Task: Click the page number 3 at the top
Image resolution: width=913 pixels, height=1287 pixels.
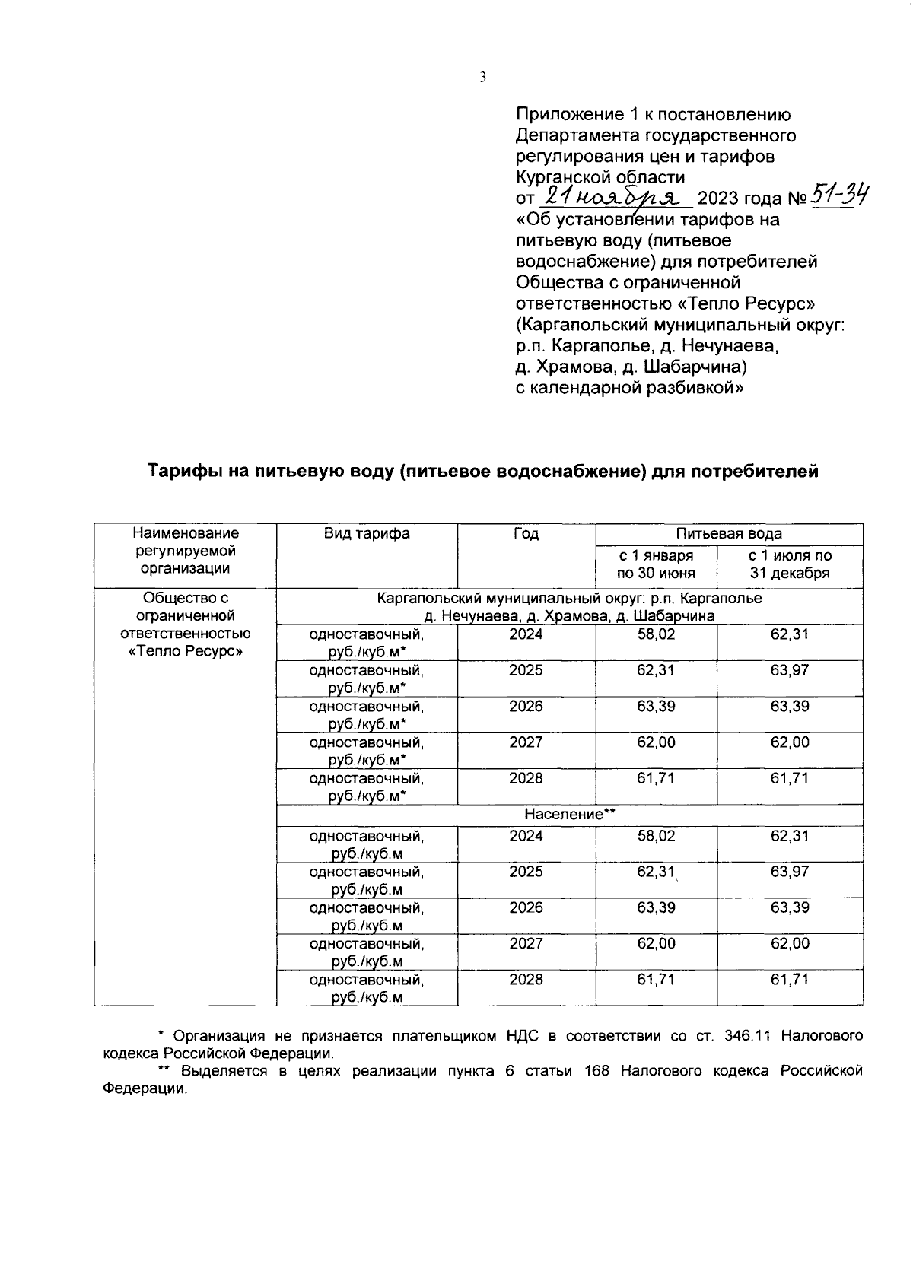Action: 482,77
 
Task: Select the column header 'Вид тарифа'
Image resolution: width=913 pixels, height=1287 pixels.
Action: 367,534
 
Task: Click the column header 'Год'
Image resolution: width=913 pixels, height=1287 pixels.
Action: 526,534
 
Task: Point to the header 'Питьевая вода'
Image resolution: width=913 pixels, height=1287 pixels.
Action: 729,534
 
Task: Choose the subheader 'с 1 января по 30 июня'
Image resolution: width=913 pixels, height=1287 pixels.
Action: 656,564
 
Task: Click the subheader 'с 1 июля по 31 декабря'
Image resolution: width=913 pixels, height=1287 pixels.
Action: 790,564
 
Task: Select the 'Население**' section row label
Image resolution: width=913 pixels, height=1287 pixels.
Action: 569,815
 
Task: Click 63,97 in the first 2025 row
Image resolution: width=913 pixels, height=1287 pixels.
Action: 790,670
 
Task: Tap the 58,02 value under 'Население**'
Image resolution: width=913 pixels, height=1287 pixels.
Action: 656,836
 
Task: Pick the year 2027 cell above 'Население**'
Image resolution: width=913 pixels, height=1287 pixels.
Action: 526,742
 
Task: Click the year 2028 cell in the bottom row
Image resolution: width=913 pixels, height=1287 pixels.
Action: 526,980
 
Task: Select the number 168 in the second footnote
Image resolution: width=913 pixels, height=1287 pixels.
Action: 597,1071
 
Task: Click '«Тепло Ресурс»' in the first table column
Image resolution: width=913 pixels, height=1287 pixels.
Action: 185,651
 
